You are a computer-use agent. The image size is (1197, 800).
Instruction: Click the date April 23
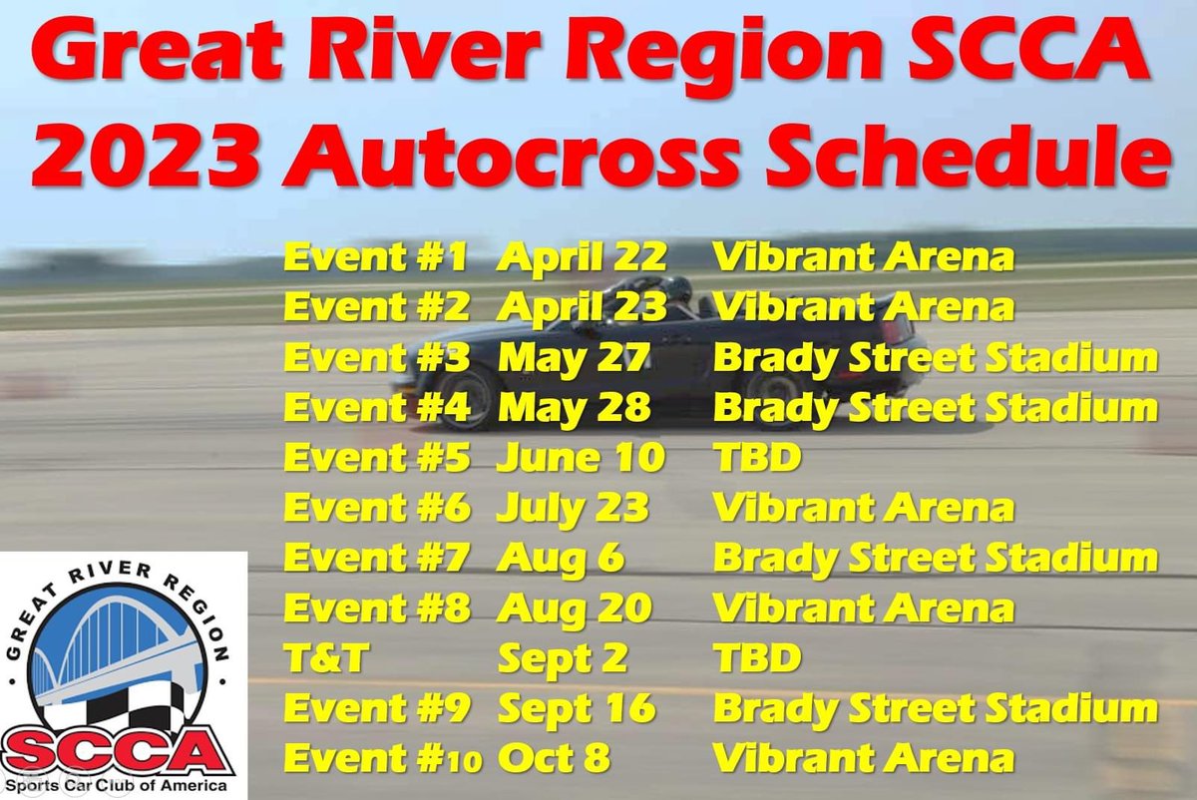[582, 308]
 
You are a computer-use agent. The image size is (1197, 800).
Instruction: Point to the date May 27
[574, 358]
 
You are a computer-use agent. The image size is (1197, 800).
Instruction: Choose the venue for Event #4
[935, 408]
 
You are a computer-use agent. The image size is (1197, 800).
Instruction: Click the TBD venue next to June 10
[757, 458]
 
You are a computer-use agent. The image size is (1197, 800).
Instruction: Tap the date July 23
[573, 508]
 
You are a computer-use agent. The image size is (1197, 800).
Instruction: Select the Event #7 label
[376, 558]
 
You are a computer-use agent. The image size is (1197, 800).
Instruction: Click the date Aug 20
[575, 607]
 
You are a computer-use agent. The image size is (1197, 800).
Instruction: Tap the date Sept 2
[563, 657]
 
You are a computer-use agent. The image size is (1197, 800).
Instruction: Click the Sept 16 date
[577, 708]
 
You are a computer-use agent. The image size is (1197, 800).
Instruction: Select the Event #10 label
[383, 758]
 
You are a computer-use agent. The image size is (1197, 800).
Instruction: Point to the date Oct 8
[554, 758]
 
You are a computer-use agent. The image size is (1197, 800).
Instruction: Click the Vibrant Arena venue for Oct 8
[863, 758]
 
